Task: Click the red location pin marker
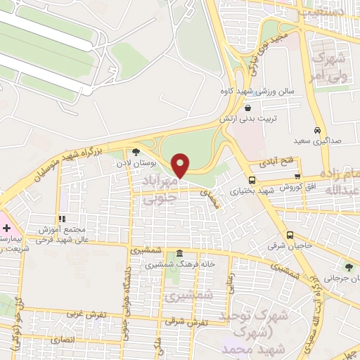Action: [x=181, y=165]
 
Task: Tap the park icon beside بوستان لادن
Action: [x=136, y=151]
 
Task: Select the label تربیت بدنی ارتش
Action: [x=268, y=119]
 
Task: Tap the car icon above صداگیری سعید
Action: [x=318, y=130]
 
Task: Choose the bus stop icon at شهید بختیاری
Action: [x=252, y=178]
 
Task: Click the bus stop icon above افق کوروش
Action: [x=298, y=176]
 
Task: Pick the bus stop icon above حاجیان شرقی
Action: [x=290, y=235]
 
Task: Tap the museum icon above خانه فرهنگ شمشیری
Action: [x=180, y=253]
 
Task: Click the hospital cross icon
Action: [x=6, y=229]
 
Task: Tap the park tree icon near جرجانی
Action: [x=348, y=266]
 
